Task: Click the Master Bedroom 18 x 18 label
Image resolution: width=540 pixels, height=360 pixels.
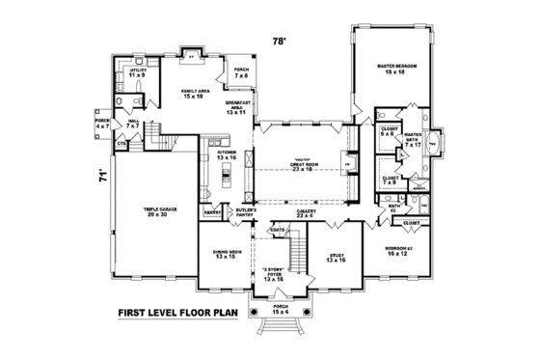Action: point(395,69)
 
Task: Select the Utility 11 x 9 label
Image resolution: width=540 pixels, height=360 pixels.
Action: point(126,72)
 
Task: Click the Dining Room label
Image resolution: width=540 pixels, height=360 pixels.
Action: point(227,254)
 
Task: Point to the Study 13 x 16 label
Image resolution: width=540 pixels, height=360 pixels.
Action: point(336,258)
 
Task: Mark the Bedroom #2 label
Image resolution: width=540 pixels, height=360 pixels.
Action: point(397,250)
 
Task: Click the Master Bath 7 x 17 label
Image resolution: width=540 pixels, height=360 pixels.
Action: point(414,142)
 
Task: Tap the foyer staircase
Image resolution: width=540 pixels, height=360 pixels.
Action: point(299,253)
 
